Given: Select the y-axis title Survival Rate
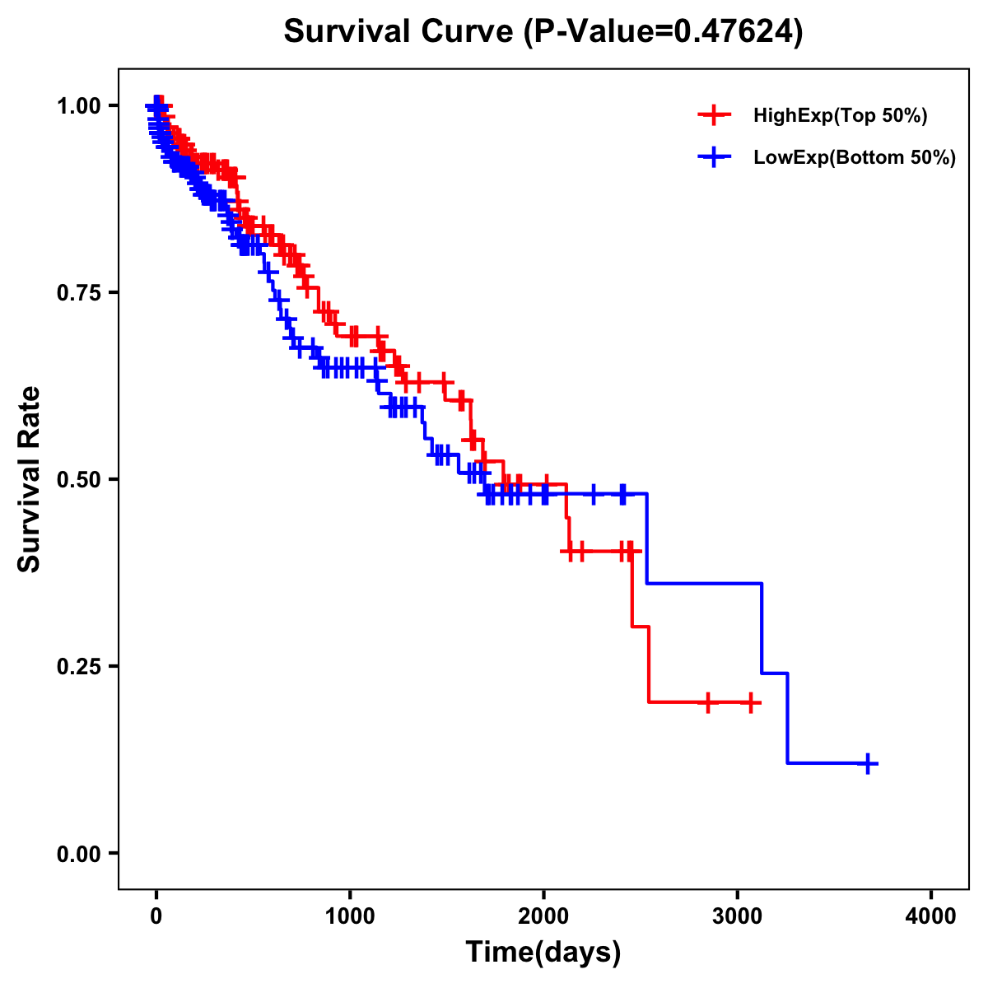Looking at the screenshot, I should point(30,478).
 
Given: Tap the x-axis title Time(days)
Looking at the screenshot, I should point(543,953).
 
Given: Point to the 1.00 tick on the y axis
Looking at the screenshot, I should point(79,105).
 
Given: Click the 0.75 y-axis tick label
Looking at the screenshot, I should point(79,292).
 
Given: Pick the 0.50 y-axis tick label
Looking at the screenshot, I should point(79,479).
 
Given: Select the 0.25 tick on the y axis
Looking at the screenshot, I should point(79,666).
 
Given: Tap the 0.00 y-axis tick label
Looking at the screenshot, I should point(79,853).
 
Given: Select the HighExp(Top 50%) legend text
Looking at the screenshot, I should point(841,116).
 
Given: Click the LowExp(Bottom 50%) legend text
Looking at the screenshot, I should point(855,157).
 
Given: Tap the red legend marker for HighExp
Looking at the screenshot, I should point(714,116).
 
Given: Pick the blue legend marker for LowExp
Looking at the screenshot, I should point(714,157).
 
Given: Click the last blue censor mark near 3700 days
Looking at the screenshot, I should point(867,763).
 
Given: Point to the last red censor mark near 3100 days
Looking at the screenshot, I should point(750,702).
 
